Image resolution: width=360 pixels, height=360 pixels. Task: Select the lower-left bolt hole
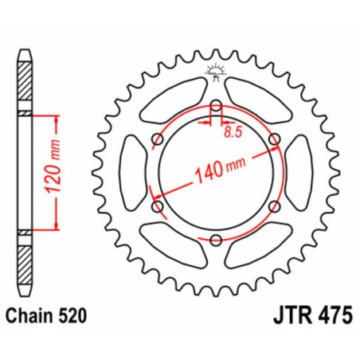[x=157, y=206]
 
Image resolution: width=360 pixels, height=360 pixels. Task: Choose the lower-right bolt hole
[x=276, y=206]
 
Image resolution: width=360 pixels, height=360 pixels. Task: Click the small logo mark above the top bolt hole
[x=216, y=72]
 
